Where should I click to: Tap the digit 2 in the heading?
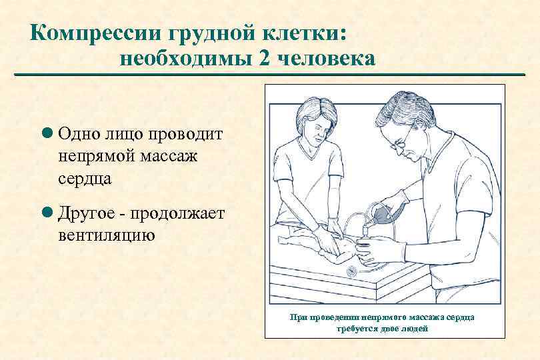(262, 59)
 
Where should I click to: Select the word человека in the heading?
(326, 59)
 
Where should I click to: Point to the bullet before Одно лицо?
(47, 133)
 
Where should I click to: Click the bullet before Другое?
(47, 212)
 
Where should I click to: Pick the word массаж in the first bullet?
(169, 157)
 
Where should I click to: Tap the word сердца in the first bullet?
(85, 179)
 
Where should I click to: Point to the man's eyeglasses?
(401, 141)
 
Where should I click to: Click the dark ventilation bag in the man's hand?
(387, 212)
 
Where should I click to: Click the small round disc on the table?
(351, 272)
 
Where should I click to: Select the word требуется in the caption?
(357, 329)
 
